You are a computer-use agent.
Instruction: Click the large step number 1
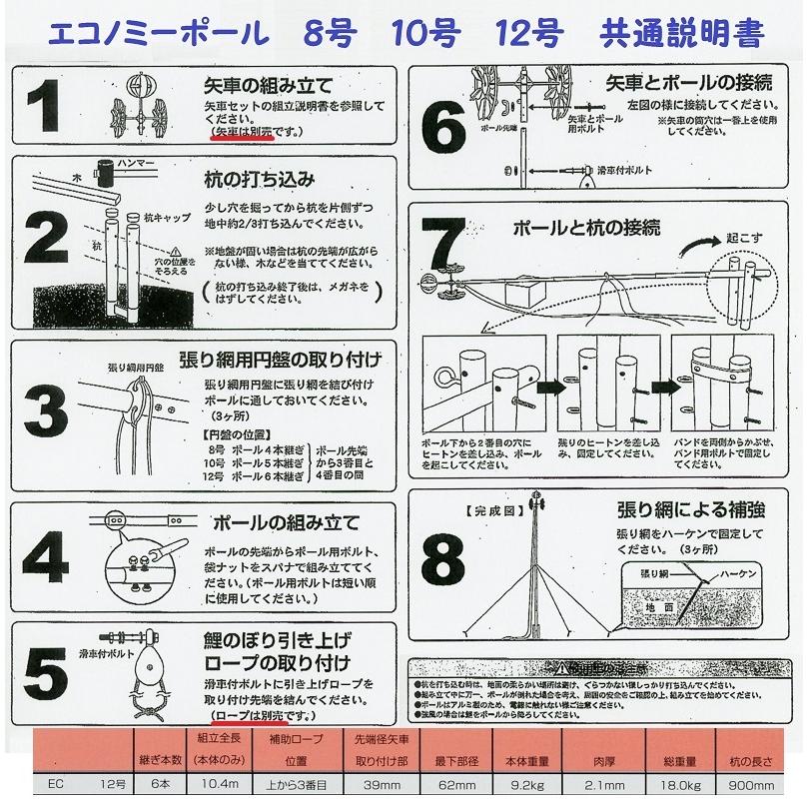(50, 108)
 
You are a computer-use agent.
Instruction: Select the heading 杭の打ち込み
(261, 180)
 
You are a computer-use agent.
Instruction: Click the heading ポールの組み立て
(285, 522)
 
